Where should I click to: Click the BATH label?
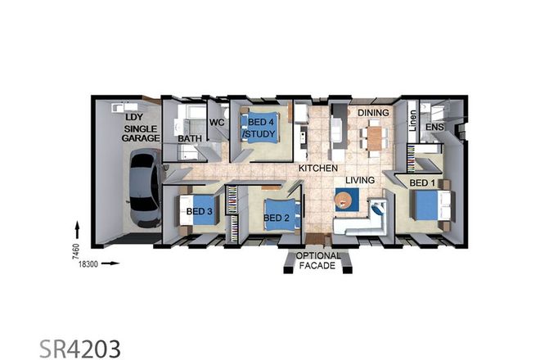coord(191,139)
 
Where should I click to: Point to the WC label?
coord(217,122)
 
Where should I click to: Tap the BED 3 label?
coord(199,212)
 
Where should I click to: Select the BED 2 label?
coord(277,218)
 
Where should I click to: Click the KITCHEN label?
coord(317,168)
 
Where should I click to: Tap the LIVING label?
coord(359,179)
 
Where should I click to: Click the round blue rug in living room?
coord(346,199)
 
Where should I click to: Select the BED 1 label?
coord(422,182)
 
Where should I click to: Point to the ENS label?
coord(434,128)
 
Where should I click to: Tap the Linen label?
coord(413,123)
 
